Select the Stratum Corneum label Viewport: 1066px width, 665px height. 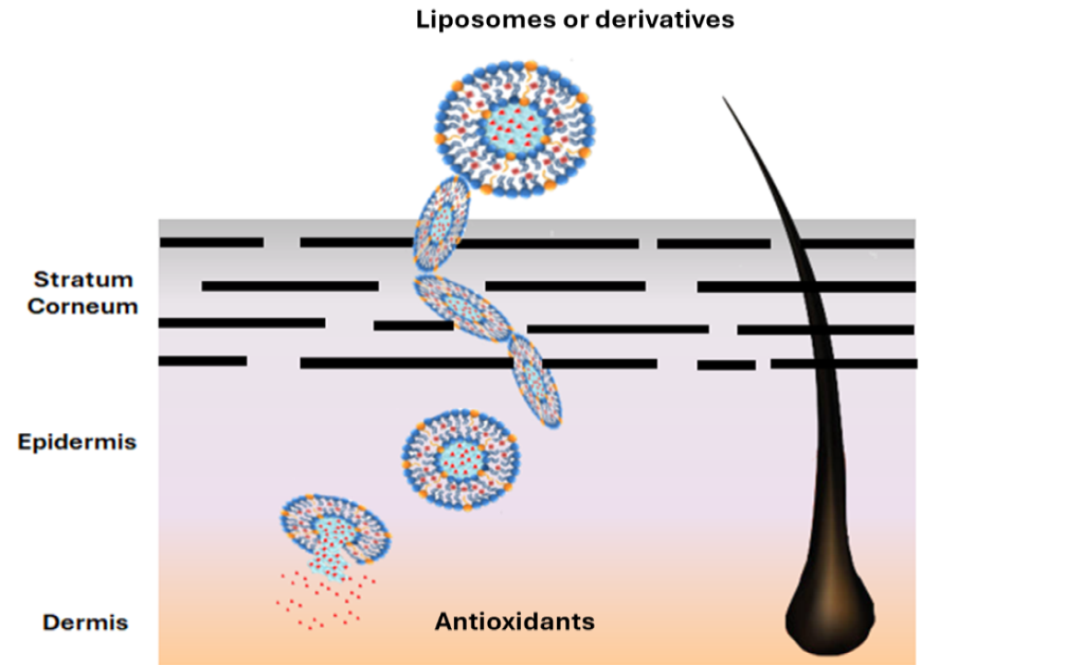pyautogui.click(x=83, y=292)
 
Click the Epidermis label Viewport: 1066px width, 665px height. pyautogui.click(x=77, y=442)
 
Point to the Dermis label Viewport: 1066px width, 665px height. pyautogui.click(x=86, y=623)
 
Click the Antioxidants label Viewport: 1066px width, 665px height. pyautogui.click(x=515, y=622)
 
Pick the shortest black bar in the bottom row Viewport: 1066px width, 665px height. pyautogui.click(x=726, y=366)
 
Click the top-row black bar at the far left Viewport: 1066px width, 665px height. pyautogui.click(x=212, y=242)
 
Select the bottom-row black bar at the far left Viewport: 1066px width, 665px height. pyautogui.click(x=203, y=361)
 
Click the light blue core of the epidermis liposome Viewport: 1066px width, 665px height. pyautogui.click(x=461, y=458)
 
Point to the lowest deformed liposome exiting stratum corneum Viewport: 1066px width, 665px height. pyautogui.click(x=536, y=380)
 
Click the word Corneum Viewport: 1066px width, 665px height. pyautogui.click(x=83, y=306)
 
